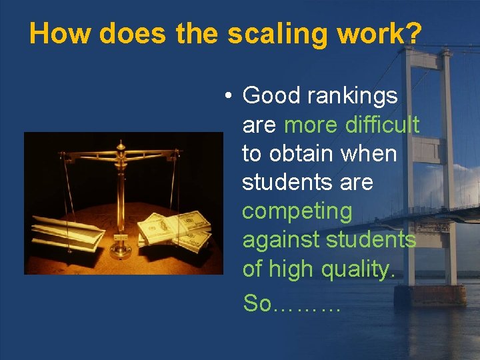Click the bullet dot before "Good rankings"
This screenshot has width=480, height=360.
228,97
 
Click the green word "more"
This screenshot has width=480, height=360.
311,125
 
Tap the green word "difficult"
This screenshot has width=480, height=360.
382,125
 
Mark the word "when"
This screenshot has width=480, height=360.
369,153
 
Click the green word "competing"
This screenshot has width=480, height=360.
297,211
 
